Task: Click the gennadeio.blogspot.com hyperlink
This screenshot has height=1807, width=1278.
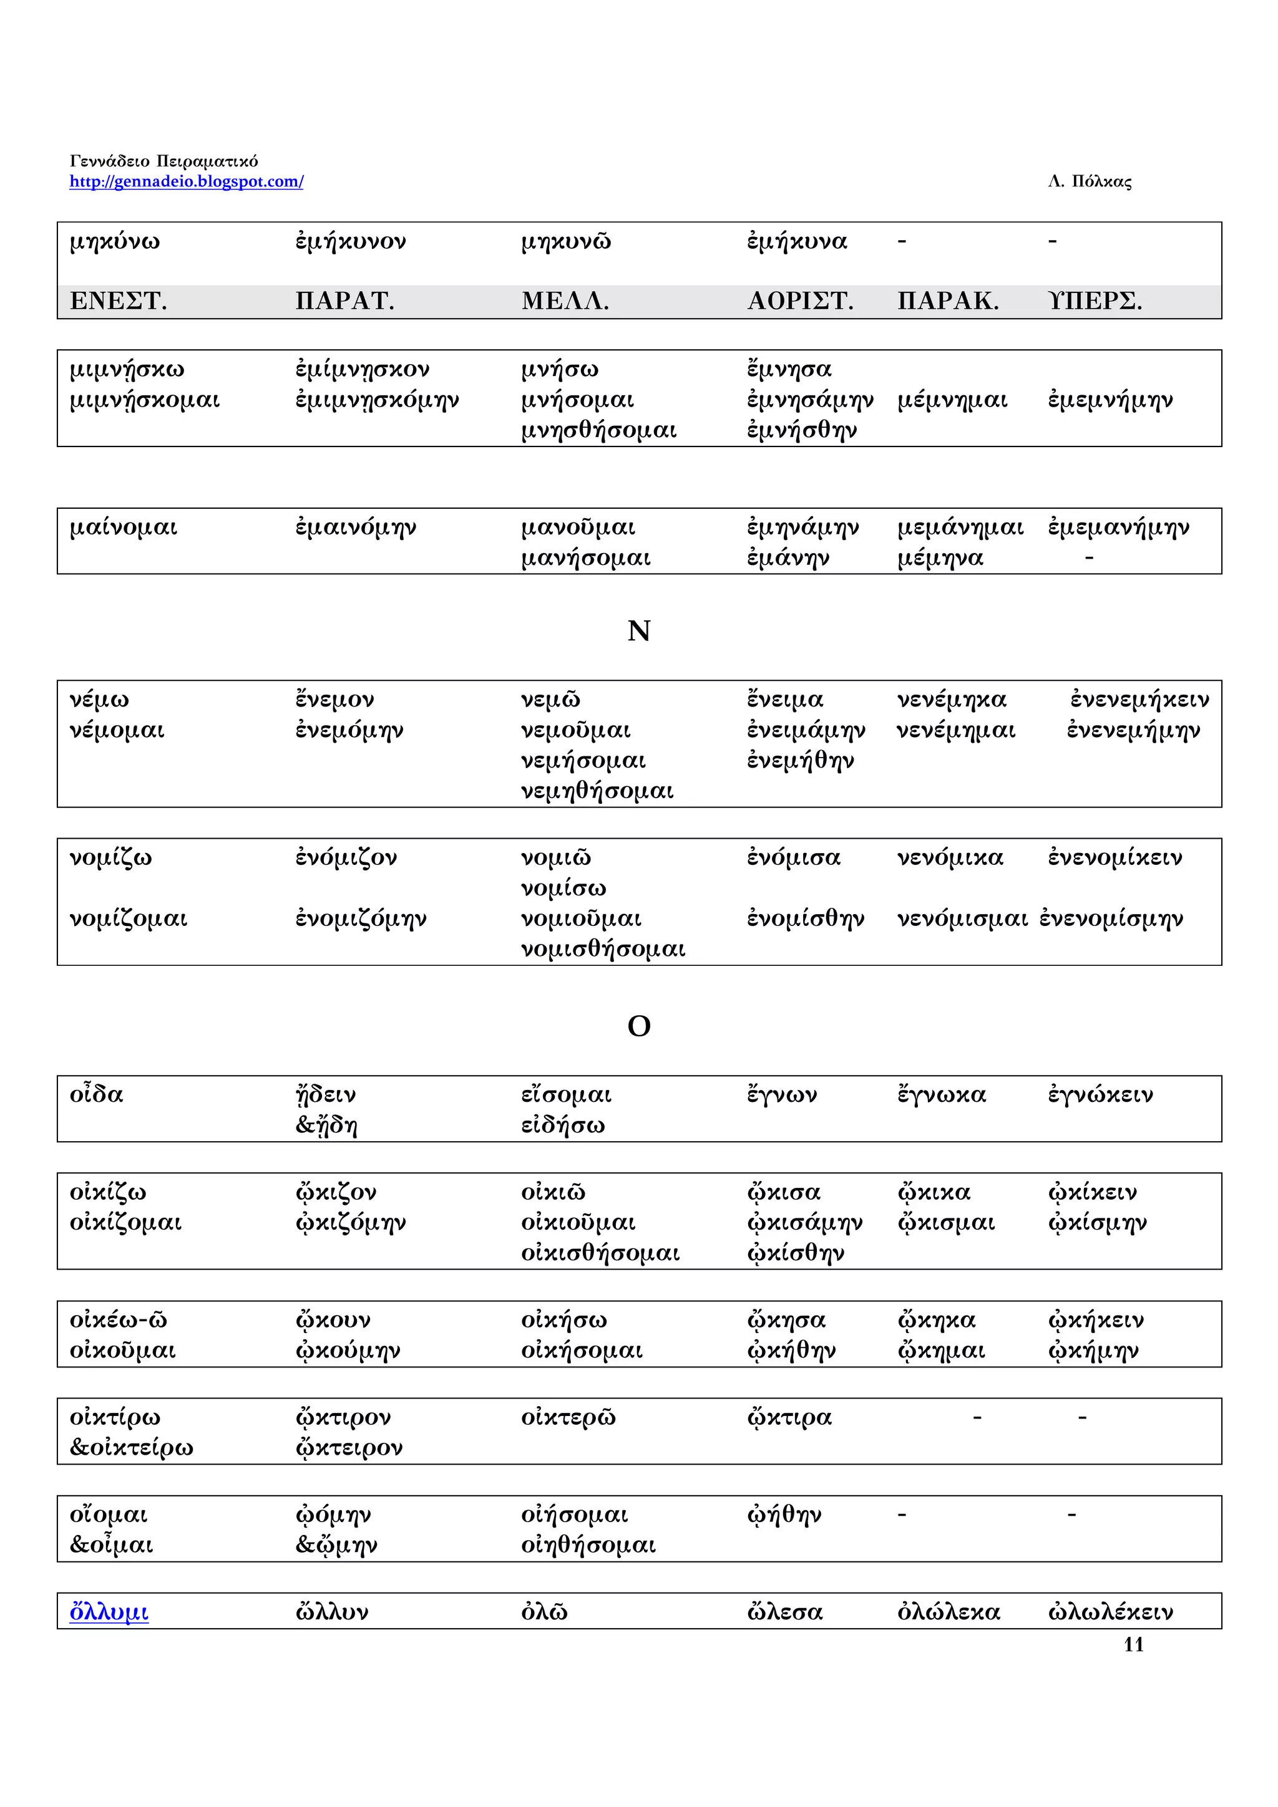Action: click(x=186, y=182)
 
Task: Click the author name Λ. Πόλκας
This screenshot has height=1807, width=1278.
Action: click(x=1089, y=182)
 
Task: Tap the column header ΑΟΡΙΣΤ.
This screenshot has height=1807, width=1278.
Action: click(x=799, y=301)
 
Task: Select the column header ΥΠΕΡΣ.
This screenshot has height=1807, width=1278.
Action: click(x=1095, y=301)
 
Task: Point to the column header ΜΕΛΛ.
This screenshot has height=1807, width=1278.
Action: click(x=565, y=301)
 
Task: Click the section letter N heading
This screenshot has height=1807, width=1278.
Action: click(x=638, y=631)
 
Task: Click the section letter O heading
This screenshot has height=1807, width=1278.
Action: click(x=638, y=1026)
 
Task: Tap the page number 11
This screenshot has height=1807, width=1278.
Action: click(x=1133, y=1644)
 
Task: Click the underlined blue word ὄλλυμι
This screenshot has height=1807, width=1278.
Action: click(x=109, y=1612)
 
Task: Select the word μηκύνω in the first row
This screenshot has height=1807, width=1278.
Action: click(x=114, y=241)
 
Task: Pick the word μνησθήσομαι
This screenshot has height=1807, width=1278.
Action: click(x=598, y=430)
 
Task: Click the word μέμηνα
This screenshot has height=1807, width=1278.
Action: click(x=940, y=558)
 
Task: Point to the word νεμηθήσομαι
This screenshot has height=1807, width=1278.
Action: click(x=597, y=791)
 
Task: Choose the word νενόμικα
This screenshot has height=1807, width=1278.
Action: click(x=950, y=858)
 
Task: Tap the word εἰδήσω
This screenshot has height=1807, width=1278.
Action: click(x=562, y=1125)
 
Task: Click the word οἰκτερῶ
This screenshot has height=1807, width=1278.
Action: click(x=568, y=1417)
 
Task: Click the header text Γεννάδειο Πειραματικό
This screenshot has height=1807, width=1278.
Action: click(x=163, y=161)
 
